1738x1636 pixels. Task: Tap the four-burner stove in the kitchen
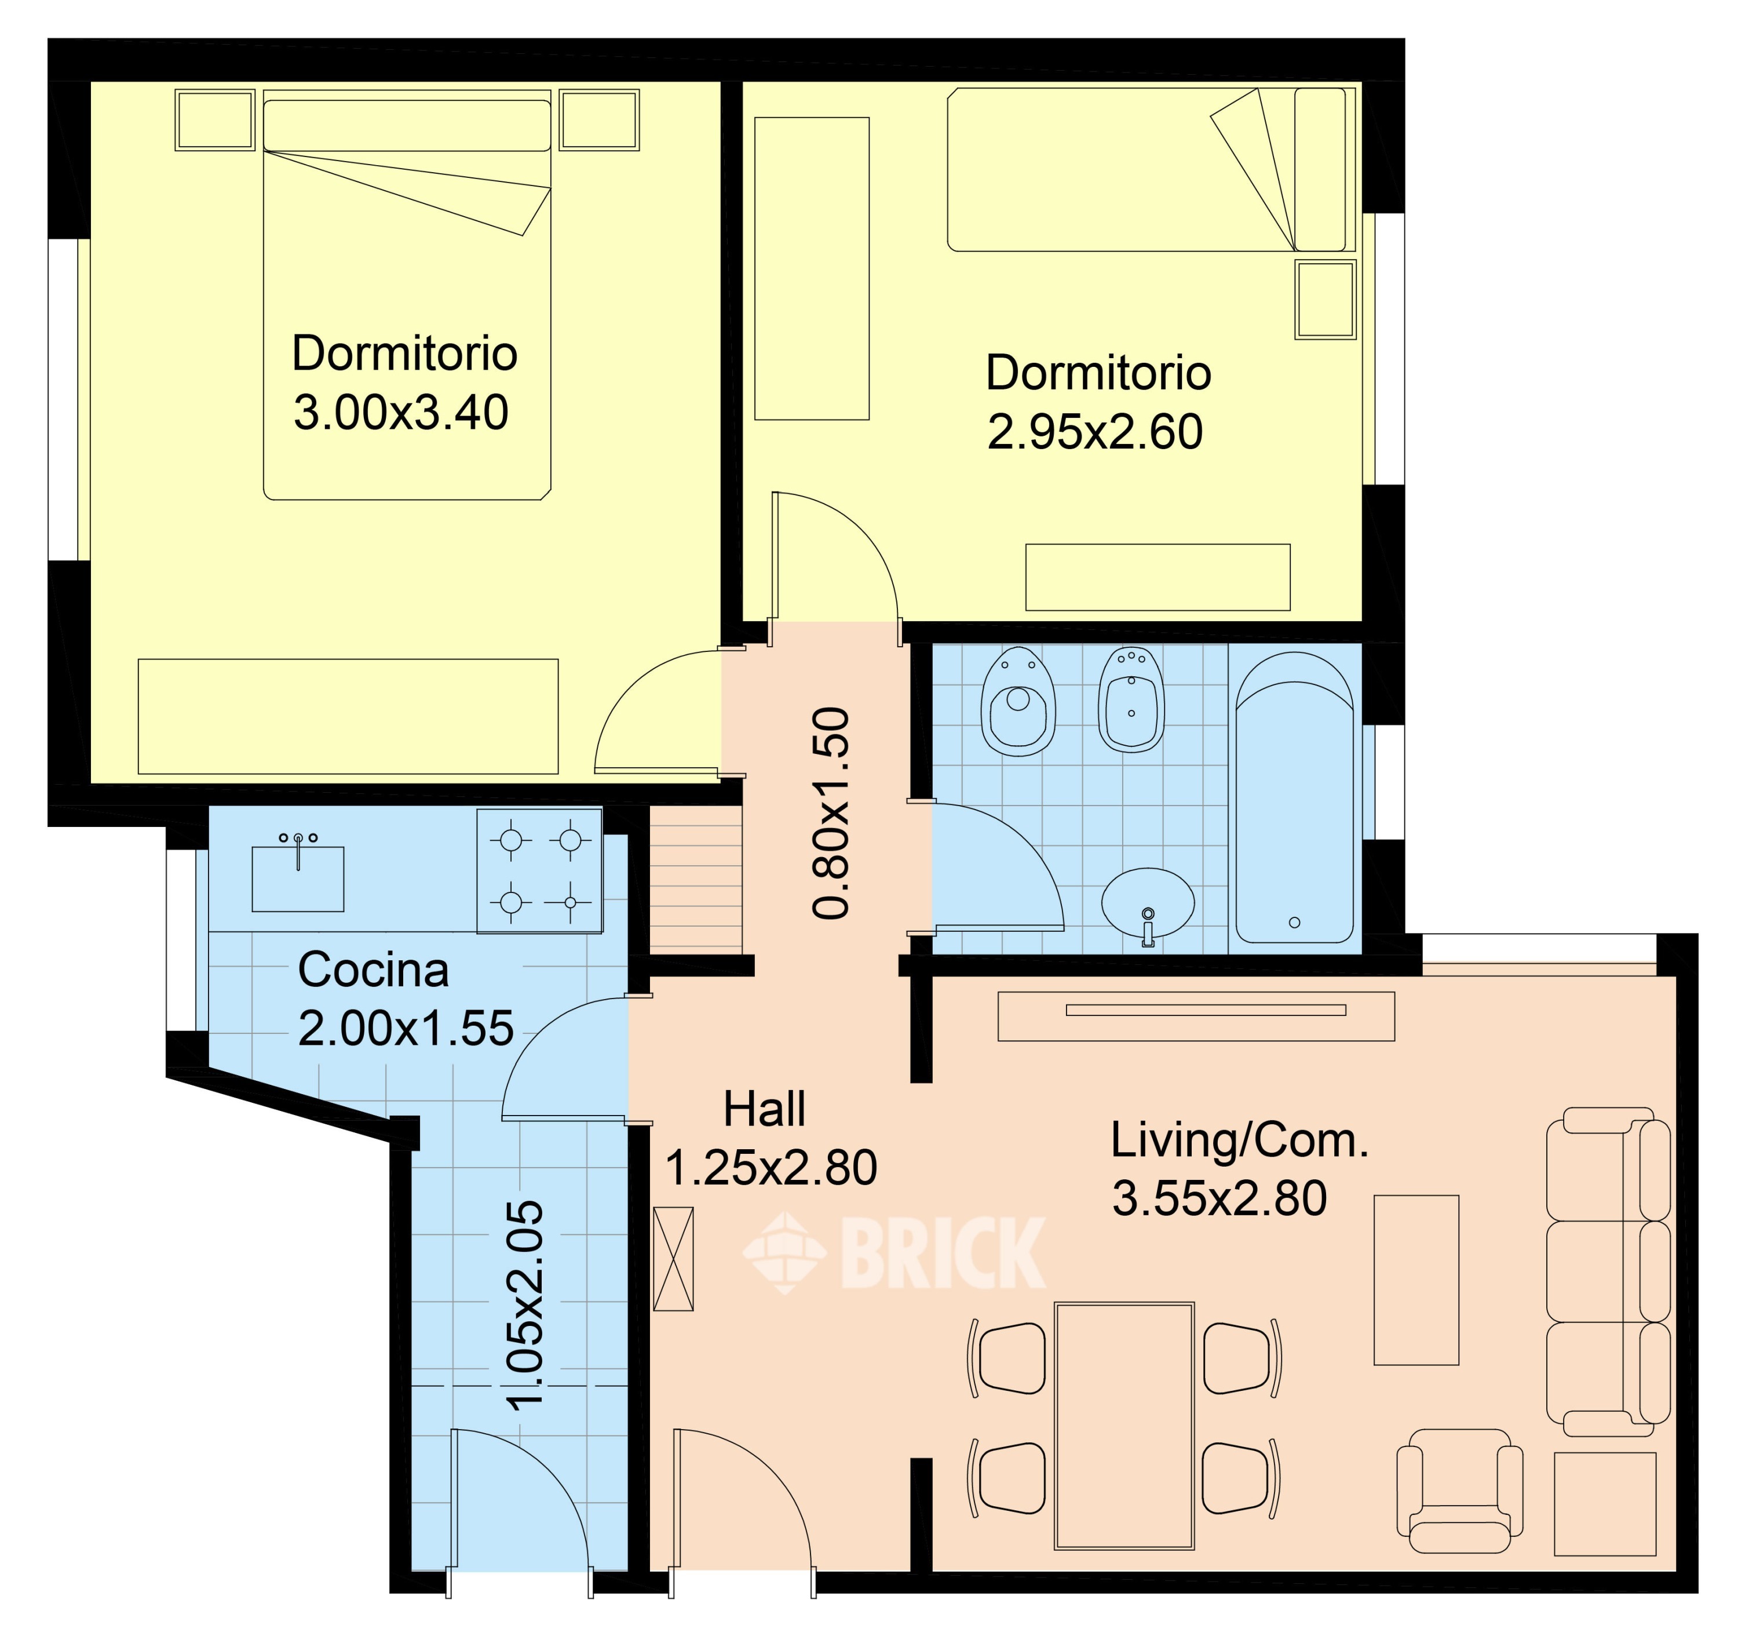click(539, 871)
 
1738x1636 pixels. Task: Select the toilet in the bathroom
click(1018, 702)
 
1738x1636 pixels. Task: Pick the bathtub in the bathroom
click(1295, 797)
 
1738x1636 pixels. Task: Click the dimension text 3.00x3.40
click(401, 413)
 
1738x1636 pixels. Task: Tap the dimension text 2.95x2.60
click(1096, 432)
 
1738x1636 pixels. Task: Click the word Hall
click(764, 1110)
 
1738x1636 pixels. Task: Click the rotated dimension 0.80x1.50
click(831, 813)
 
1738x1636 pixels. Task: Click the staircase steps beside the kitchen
click(696, 879)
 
